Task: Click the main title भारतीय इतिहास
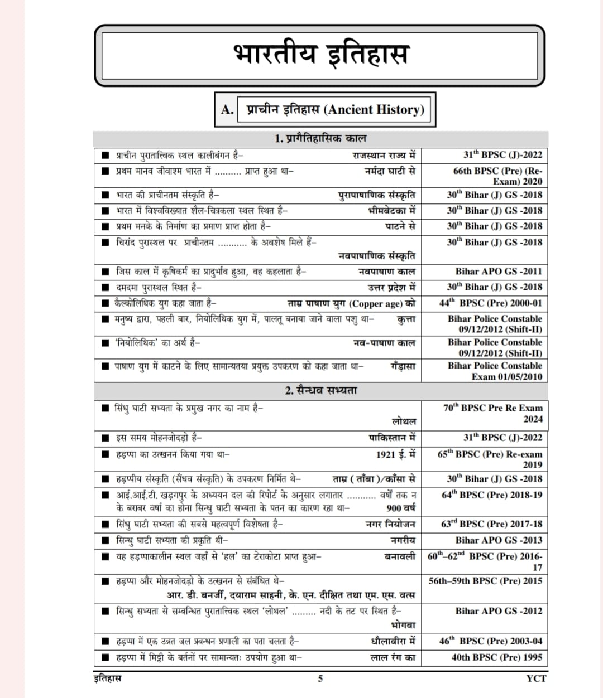click(x=320, y=55)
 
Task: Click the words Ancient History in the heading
click(x=376, y=109)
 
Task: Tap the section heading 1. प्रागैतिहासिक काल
click(x=320, y=138)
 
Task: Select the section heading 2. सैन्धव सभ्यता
click(x=320, y=390)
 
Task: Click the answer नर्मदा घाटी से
click(x=390, y=171)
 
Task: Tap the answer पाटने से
click(x=400, y=226)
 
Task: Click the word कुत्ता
click(x=406, y=319)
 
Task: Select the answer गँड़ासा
click(x=403, y=366)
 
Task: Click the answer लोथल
click(x=404, y=421)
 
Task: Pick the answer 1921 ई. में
click(x=395, y=454)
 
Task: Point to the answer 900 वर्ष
click(x=400, y=508)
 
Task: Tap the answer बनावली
click(x=400, y=556)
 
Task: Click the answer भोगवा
click(x=403, y=625)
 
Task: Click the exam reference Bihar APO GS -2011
click(x=498, y=272)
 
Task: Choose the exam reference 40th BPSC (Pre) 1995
click(x=496, y=657)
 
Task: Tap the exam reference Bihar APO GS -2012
click(x=498, y=611)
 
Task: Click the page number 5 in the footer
click(x=320, y=678)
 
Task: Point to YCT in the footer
click(x=536, y=678)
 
